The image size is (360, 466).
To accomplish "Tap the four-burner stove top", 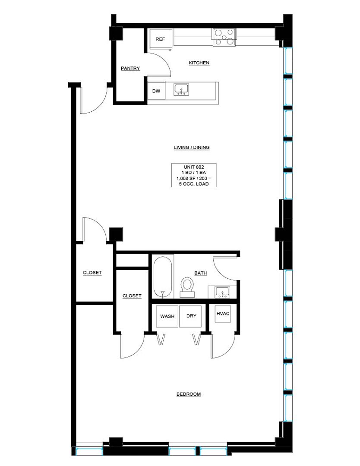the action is pyautogui.click(x=224, y=37).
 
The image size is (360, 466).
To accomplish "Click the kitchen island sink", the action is pyautogui.click(x=181, y=90).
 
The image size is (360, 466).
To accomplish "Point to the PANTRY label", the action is pyautogui.click(x=130, y=68).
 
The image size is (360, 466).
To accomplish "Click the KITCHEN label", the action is pyautogui.click(x=199, y=63).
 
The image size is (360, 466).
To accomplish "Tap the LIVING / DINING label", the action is pyautogui.click(x=192, y=148).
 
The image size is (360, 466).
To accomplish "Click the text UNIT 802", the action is pyautogui.click(x=194, y=167).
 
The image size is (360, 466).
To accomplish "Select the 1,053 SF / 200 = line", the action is pyautogui.click(x=194, y=178).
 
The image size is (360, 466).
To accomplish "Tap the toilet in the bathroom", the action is pyautogui.click(x=187, y=287).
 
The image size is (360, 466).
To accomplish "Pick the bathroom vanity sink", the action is pyautogui.click(x=222, y=292).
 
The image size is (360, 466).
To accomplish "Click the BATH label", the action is pyautogui.click(x=201, y=273).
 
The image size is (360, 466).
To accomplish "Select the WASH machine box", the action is pyautogui.click(x=167, y=316).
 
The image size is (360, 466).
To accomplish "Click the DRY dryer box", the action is pyautogui.click(x=190, y=316).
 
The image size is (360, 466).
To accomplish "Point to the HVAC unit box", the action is pyautogui.click(x=223, y=314).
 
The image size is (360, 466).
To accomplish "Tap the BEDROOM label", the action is pyautogui.click(x=189, y=394).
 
